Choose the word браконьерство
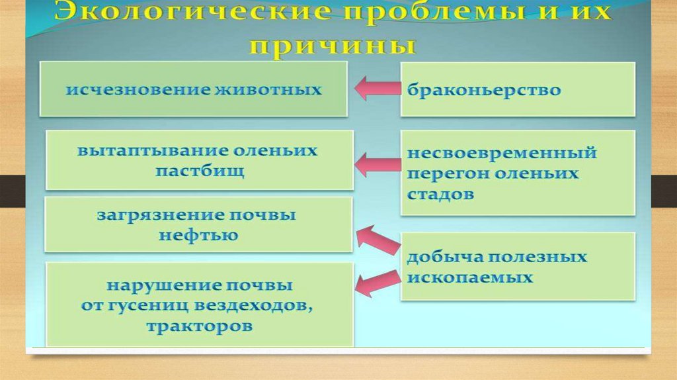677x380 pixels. pos(484,90)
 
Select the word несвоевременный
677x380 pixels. pos(502,154)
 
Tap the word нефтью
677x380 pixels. pos(198,235)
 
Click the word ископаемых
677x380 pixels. pos(470,277)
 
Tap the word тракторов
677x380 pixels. pos(200,326)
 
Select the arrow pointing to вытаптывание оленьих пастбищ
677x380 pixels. pos(378,164)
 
